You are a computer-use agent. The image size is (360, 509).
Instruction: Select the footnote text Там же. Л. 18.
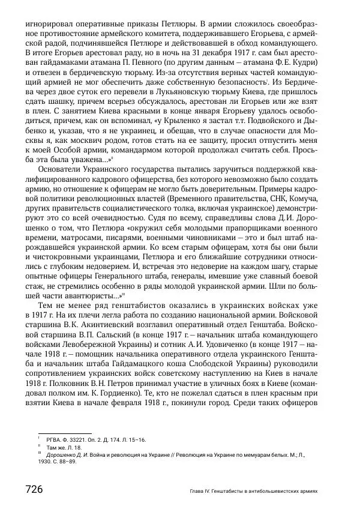pos(62,447)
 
